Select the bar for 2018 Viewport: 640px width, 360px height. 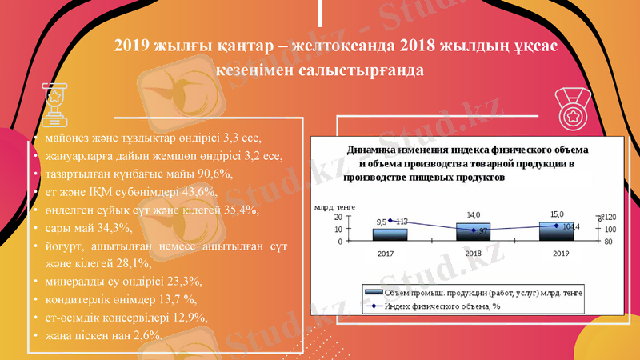[474, 231]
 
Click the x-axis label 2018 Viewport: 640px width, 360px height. [474, 253]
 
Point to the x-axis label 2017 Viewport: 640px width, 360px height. [386, 253]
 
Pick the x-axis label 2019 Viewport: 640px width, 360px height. [559, 253]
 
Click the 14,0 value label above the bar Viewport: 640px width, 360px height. [474, 214]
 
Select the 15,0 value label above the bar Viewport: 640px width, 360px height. [557, 214]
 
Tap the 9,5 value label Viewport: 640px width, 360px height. [382, 222]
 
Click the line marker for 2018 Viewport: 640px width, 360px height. [474, 230]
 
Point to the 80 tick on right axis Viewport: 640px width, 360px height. [607, 241]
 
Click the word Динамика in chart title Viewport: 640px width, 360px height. [373, 150]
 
